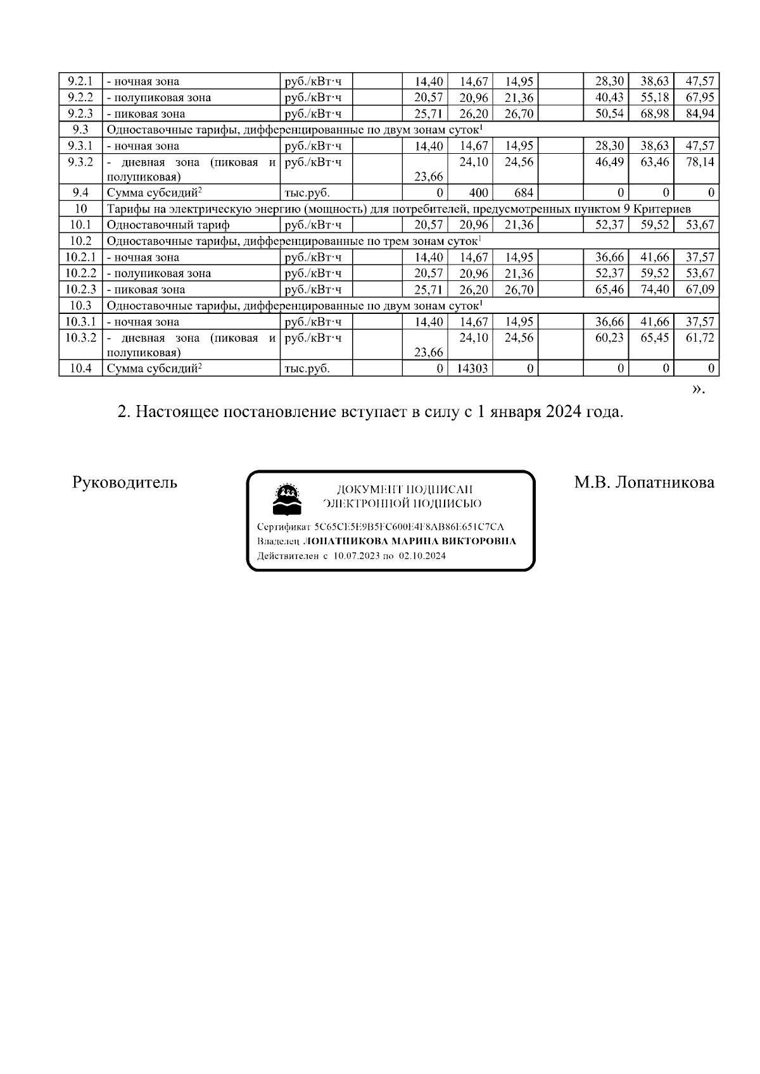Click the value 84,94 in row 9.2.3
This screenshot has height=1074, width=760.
coord(700,114)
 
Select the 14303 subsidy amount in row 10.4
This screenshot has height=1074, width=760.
coord(472,368)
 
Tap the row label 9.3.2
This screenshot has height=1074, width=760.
coord(80,162)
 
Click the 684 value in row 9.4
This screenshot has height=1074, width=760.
coord(524,192)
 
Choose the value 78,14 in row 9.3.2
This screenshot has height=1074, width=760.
coord(700,162)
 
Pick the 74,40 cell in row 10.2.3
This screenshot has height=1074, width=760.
coord(655,290)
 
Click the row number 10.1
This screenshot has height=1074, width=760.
coord(80,225)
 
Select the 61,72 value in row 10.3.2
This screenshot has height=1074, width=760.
coord(700,338)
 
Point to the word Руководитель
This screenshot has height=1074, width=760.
coord(125,483)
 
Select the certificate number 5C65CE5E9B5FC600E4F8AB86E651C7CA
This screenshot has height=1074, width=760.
coord(409,527)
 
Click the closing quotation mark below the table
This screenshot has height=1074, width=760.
coord(697,389)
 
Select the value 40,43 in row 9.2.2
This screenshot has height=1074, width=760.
coord(609,97)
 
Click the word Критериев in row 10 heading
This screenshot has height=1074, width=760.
coord(665,209)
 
